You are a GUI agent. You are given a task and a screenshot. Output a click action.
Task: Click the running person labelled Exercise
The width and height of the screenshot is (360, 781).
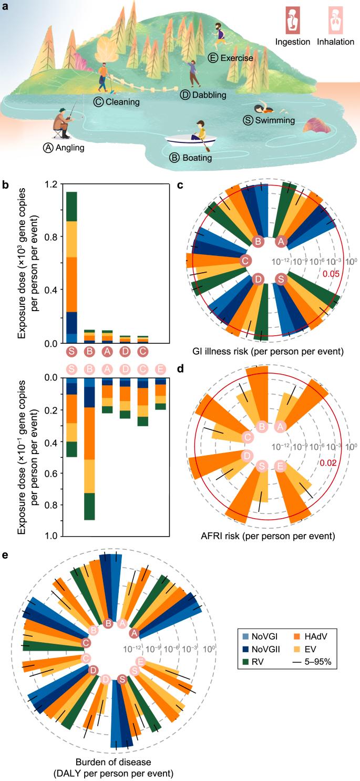[x=220, y=33]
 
